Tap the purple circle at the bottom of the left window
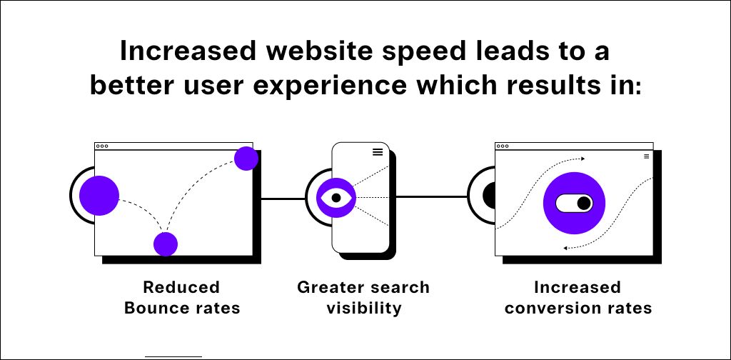166,244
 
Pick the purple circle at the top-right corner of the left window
246,159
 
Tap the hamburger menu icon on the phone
377,151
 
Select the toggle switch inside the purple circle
574,204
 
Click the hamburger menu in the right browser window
646,156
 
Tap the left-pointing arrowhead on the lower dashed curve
566,248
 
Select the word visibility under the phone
364,309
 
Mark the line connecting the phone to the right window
431,196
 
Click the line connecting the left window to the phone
282,198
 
